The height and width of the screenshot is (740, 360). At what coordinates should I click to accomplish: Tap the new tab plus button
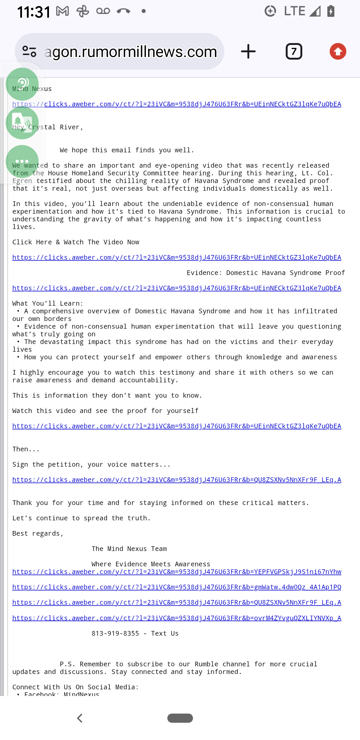(x=248, y=52)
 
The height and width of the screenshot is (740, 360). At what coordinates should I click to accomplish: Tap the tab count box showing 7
(x=294, y=52)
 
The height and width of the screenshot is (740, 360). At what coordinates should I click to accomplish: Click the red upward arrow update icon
(x=338, y=52)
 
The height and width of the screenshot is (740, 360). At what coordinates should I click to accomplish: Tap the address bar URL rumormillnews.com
(x=131, y=52)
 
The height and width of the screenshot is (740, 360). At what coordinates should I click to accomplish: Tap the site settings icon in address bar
(x=29, y=51)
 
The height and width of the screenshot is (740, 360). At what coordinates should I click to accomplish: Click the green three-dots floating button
(x=22, y=161)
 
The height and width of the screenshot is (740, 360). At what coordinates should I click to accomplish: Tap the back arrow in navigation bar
(x=80, y=718)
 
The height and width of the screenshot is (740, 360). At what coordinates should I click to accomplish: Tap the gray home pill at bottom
(x=180, y=718)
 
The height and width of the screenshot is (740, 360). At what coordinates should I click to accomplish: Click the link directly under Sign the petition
(x=177, y=480)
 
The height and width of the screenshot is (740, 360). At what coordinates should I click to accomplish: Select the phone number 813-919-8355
(x=115, y=633)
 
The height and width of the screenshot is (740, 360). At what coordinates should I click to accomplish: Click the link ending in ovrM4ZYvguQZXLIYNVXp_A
(x=177, y=618)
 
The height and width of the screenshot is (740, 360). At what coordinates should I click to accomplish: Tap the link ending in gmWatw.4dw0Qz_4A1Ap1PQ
(x=177, y=587)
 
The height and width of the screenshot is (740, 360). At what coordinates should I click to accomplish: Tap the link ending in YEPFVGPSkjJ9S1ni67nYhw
(x=177, y=572)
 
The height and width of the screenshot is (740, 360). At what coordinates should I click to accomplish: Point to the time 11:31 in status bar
(x=34, y=12)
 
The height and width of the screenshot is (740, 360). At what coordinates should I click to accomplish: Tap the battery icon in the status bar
(x=331, y=11)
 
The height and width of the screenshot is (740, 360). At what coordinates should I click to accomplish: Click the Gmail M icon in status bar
(x=62, y=11)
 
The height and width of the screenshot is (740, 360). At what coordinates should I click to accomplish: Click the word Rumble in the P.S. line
(x=206, y=664)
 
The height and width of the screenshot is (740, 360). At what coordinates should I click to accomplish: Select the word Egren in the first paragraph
(x=22, y=181)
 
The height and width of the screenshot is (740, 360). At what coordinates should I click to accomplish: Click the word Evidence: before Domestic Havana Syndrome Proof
(x=204, y=273)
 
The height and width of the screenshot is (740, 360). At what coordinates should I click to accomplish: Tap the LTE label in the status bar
(x=294, y=11)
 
